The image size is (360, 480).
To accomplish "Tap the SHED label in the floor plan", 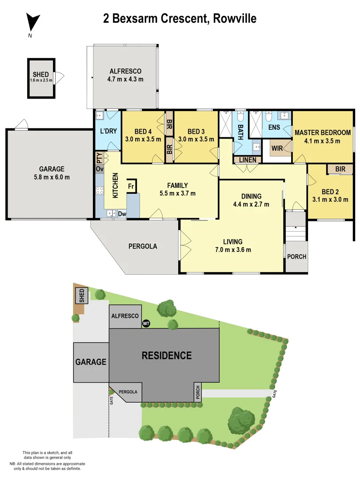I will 40,74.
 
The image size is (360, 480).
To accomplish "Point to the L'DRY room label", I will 108,132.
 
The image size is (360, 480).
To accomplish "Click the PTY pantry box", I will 99,158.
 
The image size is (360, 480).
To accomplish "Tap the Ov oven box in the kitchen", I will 99,169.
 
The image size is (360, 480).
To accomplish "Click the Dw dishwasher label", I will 122,214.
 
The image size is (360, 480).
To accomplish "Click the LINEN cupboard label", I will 247,160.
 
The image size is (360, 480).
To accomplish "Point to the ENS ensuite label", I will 274,127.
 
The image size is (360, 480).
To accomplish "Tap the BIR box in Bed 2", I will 340,169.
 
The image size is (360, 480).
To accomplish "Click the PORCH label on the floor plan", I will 296,257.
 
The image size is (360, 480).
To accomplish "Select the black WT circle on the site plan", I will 146,324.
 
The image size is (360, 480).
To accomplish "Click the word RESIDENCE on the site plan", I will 167,356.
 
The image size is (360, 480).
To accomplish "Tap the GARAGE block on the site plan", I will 91,362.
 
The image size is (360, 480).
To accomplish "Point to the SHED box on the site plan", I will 81,296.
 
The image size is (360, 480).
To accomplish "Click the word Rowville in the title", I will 235,19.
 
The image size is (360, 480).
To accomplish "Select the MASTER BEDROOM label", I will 322,132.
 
